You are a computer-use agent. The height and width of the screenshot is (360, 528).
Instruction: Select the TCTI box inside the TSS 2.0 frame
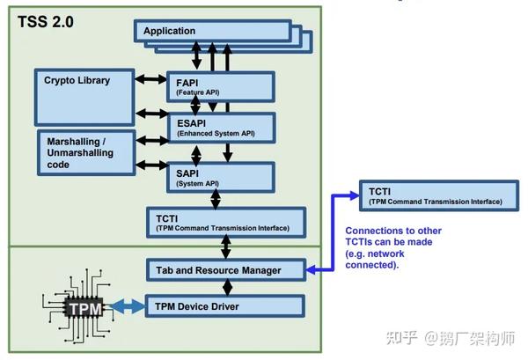(x=225, y=222)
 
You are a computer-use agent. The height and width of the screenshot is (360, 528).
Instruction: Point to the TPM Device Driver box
(x=225, y=306)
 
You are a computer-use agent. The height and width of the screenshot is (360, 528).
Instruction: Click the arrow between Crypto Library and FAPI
(x=150, y=79)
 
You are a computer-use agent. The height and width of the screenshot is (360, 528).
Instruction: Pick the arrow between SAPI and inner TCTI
(x=215, y=200)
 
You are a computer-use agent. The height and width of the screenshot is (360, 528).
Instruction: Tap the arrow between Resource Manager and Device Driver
(x=228, y=287)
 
